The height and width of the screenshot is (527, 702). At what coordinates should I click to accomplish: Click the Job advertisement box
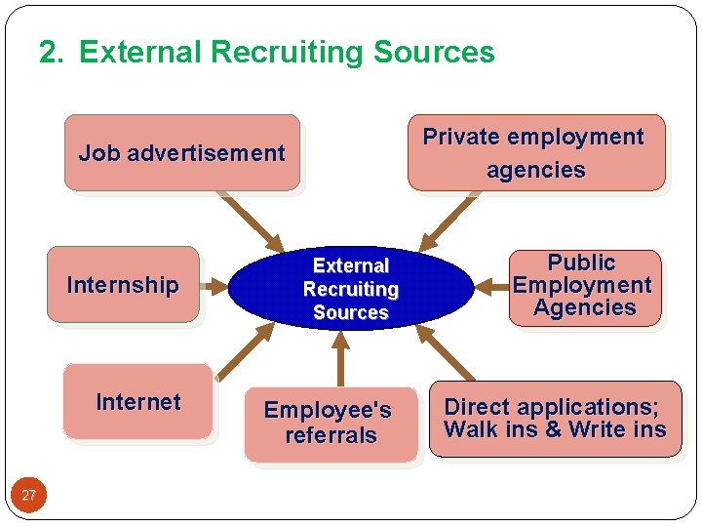point(181,152)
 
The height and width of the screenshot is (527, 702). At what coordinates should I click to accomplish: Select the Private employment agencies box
point(535,152)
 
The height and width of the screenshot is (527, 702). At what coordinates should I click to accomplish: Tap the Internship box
point(123,284)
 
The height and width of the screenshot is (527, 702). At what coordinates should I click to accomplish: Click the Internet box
point(137,401)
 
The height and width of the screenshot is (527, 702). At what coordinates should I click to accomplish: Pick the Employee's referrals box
point(330,424)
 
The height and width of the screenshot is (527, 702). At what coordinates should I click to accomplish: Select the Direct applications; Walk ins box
point(555,419)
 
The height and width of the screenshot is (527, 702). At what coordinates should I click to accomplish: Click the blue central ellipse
point(350,289)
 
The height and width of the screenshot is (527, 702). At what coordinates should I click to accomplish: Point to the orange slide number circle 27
point(28,496)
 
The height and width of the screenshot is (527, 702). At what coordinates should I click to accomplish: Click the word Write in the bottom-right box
point(597,429)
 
